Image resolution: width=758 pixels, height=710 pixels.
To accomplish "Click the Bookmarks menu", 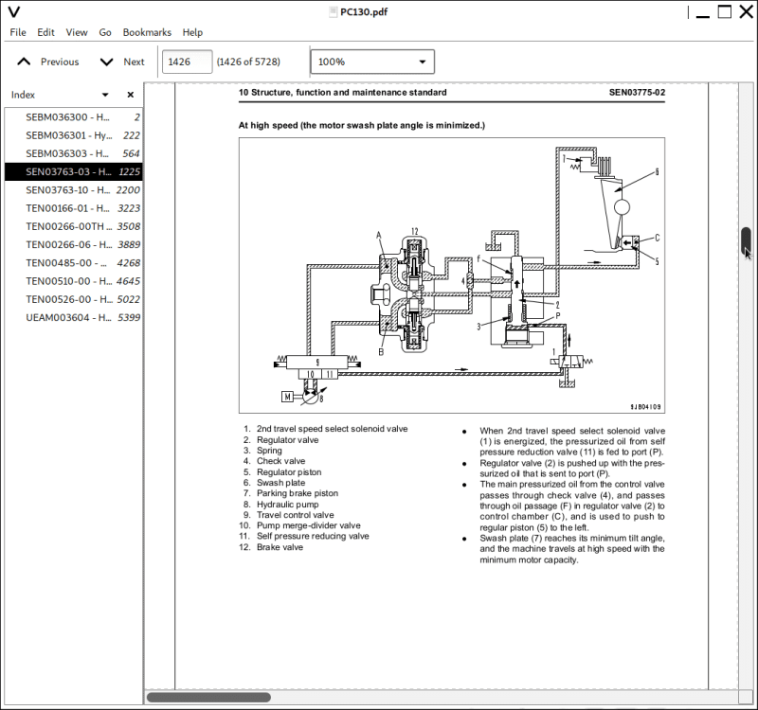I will pos(147,32).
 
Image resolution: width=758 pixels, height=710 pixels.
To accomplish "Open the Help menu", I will pos(192,32).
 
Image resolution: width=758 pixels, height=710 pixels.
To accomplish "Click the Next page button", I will pos(122,62).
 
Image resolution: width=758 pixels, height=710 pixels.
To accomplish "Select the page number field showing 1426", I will pos(187,62).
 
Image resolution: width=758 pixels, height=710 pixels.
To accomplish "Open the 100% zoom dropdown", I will pos(372,62).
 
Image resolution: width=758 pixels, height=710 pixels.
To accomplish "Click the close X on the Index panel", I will pos(131,95).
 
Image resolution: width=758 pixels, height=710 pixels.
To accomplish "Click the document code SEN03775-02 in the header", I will pos(637,93).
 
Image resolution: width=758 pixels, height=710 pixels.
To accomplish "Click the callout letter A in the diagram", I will pos(379,234).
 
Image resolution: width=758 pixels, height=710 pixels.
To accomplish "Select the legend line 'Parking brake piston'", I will pos(297,493).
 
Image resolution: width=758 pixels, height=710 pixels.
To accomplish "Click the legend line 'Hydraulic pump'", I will pos(287,505).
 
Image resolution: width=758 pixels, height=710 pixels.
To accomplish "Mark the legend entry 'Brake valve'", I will pos(280,547).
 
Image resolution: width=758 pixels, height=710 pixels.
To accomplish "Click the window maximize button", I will pos(724,12).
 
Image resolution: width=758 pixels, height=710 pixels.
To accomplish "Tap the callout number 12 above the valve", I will pos(414,232).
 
